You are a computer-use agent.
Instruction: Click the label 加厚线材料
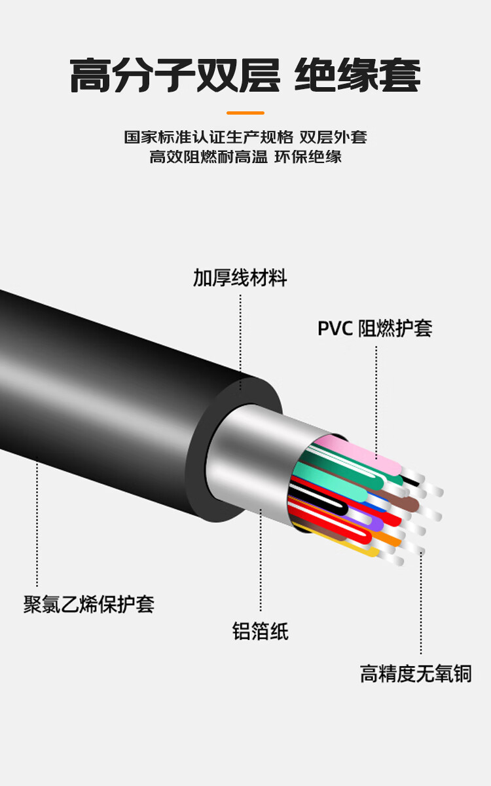[240, 278]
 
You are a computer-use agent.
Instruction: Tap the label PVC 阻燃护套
[374, 328]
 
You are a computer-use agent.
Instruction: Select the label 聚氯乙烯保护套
[89, 604]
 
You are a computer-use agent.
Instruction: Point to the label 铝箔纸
[260, 631]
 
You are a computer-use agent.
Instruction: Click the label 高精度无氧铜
[415, 673]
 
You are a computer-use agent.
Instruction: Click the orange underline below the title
[245, 113]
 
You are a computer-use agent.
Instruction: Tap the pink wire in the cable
[367, 457]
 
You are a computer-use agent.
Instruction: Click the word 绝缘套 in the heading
[357, 77]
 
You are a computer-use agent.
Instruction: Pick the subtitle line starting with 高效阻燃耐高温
[245, 157]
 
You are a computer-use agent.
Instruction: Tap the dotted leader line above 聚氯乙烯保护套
[37, 524]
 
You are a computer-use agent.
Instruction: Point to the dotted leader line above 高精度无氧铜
[421, 603]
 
